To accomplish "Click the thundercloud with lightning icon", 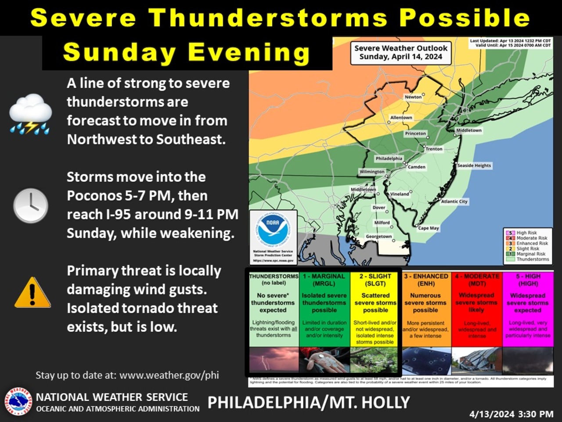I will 31,114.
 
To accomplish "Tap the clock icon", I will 30,205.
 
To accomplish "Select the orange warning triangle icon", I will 32,292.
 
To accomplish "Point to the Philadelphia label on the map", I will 389,158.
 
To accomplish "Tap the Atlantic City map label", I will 454,201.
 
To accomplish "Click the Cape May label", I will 428,228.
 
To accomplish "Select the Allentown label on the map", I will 401,118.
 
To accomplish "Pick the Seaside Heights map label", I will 474,166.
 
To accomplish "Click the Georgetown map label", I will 378,236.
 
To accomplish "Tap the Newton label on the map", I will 413,97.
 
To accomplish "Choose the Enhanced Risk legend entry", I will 532,243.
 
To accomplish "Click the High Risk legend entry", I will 526,233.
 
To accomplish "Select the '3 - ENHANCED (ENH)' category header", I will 426,280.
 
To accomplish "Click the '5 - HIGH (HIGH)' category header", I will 528,280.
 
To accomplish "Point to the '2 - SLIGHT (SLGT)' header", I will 375,280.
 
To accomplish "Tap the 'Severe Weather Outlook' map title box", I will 400,52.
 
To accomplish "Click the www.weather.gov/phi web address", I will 169,375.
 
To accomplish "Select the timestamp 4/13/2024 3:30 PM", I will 511,414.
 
